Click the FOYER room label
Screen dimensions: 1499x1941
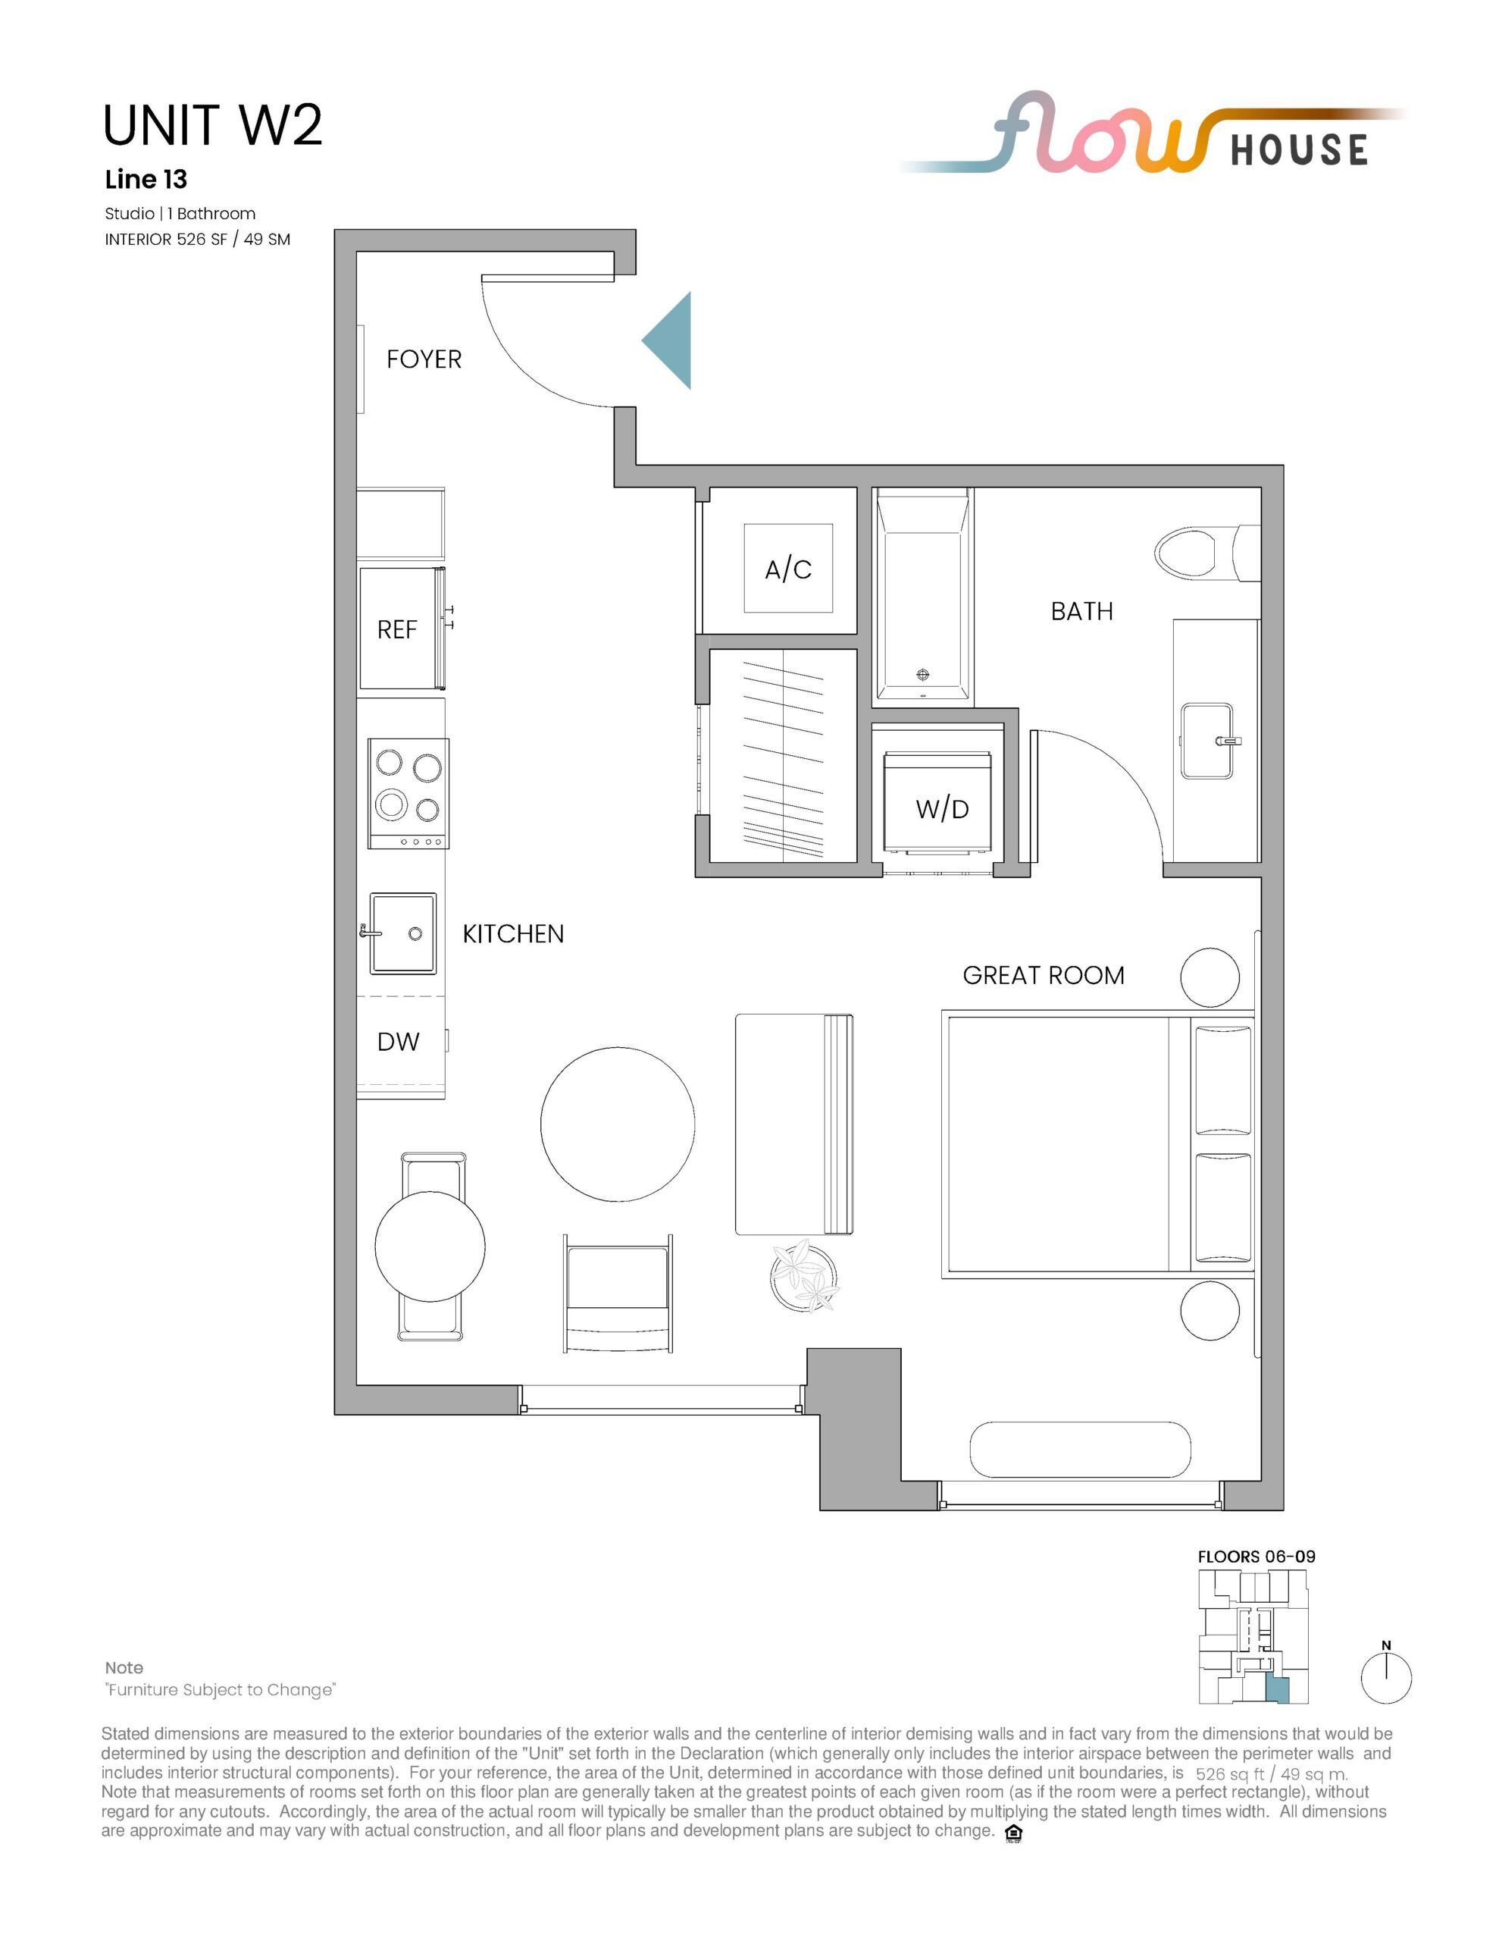point(424,359)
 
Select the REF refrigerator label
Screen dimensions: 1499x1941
point(396,630)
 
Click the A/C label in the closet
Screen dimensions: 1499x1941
point(788,569)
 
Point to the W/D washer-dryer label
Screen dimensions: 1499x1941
point(942,809)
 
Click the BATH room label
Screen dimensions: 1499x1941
point(1081,611)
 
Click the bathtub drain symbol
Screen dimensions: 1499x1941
point(922,675)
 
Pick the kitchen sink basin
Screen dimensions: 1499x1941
point(402,933)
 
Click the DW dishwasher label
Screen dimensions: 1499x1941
point(398,1042)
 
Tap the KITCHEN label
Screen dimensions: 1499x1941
point(514,934)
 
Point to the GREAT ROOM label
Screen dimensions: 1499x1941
point(1044,976)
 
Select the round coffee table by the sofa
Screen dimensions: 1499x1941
point(618,1124)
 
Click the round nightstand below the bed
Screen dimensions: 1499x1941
point(1210,1310)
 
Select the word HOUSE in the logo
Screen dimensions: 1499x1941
point(1299,149)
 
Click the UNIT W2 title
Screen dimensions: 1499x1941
point(212,124)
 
